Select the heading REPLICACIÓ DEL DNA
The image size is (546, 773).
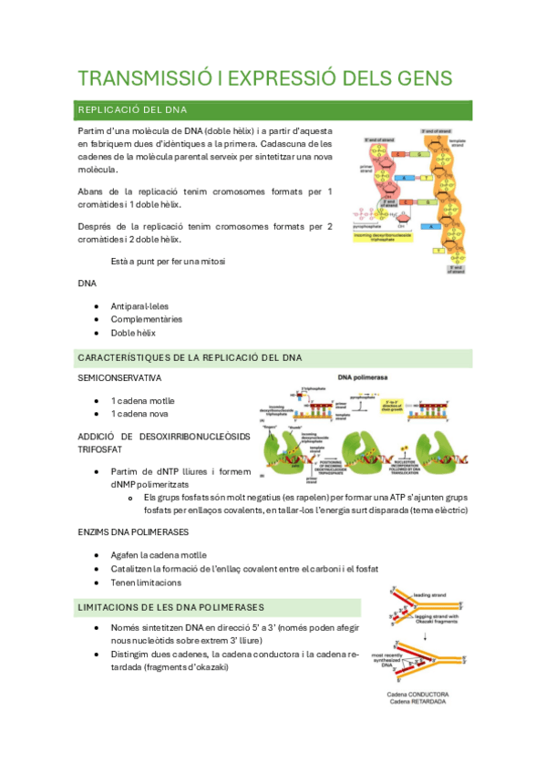click(x=132, y=110)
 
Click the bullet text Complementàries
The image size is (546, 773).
click(x=146, y=319)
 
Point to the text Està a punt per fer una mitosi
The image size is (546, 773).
click(x=168, y=262)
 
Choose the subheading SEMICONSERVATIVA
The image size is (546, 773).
click(x=119, y=377)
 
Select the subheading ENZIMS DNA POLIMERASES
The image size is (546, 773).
click(x=134, y=531)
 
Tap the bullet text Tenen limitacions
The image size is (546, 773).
click(x=146, y=582)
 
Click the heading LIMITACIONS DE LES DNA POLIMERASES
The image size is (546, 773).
click(x=171, y=606)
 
